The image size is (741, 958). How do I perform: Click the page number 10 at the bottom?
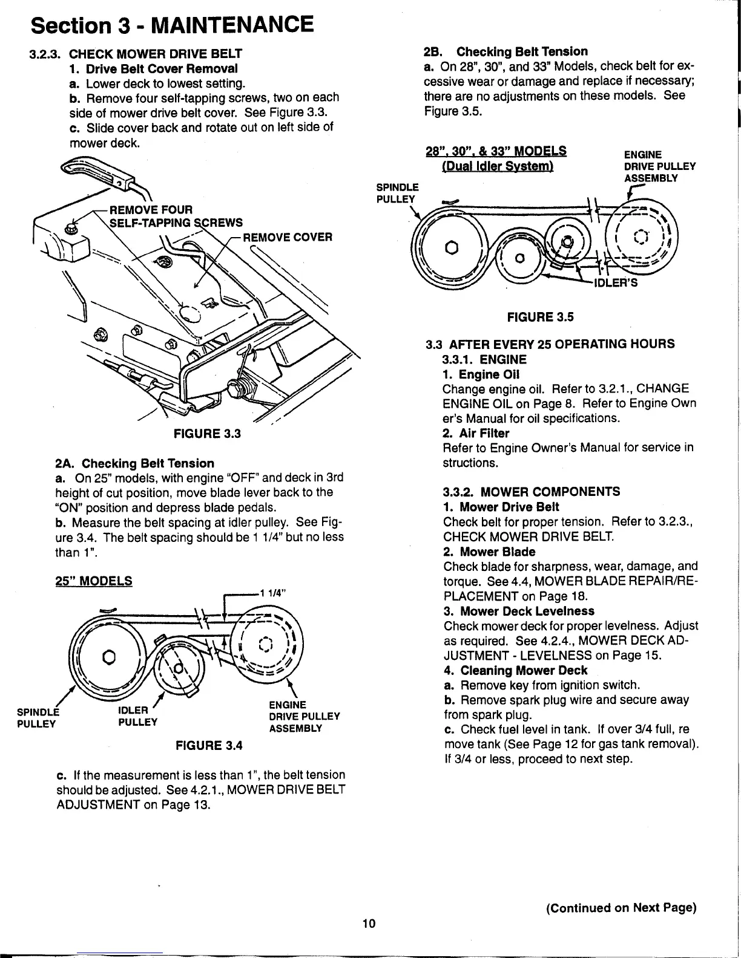coord(369,923)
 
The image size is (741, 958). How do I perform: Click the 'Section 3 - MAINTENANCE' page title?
coord(173,25)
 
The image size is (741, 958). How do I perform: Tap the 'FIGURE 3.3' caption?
coord(207,434)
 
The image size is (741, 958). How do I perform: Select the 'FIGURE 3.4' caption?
coord(208,745)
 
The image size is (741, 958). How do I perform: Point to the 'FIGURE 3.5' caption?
coord(540,317)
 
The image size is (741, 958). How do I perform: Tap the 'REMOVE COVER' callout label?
coord(288,237)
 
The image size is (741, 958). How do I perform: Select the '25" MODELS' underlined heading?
coord(93,581)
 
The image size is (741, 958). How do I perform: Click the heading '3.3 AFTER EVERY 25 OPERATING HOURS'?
coord(550,344)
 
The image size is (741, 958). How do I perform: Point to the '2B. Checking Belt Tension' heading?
coord(505,51)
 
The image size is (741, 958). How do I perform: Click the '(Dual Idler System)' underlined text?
coord(497,166)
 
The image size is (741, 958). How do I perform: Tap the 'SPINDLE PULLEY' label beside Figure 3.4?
coord(36,717)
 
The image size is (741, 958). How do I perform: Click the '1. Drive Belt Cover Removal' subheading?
coord(153,68)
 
